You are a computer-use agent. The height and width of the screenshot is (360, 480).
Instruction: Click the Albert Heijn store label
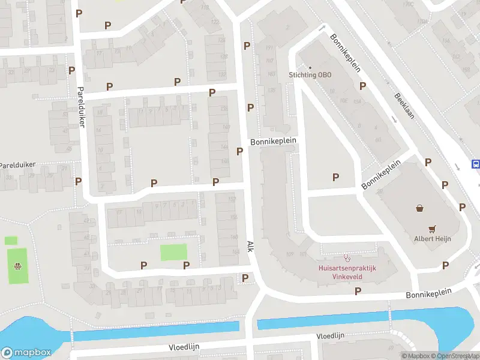pyautogui.click(x=432, y=238)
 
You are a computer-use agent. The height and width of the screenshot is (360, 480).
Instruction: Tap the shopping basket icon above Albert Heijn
pyautogui.click(x=419, y=209)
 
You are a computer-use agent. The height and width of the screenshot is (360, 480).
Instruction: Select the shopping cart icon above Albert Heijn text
pyautogui.click(x=432, y=229)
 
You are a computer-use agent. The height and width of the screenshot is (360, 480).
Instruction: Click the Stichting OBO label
pyautogui.click(x=310, y=75)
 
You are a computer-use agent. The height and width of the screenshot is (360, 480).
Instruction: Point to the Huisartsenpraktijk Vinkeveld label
pyautogui.click(x=346, y=272)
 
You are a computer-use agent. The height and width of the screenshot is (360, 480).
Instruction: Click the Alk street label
pyautogui.click(x=250, y=246)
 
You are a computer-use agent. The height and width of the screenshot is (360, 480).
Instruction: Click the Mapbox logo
pyautogui.click(x=25, y=352)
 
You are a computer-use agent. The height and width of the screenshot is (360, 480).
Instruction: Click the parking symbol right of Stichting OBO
pyautogui.click(x=362, y=86)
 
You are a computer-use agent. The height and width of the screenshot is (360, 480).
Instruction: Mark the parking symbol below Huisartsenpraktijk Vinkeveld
pyautogui.click(x=358, y=291)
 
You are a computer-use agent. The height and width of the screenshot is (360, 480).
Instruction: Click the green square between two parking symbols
pyautogui.click(x=173, y=252)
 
